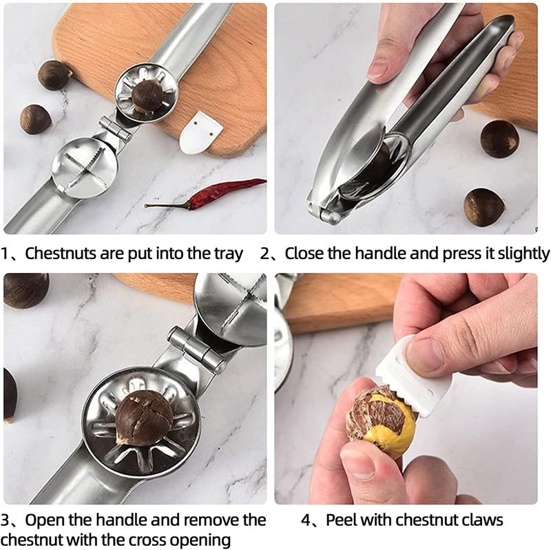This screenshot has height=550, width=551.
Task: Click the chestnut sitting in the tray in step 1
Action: tap(147, 96)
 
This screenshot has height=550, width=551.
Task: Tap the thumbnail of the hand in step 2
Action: tap(377, 70)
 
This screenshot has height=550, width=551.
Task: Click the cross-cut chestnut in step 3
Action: tap(143, 417)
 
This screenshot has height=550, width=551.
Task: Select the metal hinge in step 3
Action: tap(197, 349)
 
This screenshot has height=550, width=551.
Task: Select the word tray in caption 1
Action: tap(229, 254)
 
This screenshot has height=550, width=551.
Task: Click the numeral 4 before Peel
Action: tap(306, 520)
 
